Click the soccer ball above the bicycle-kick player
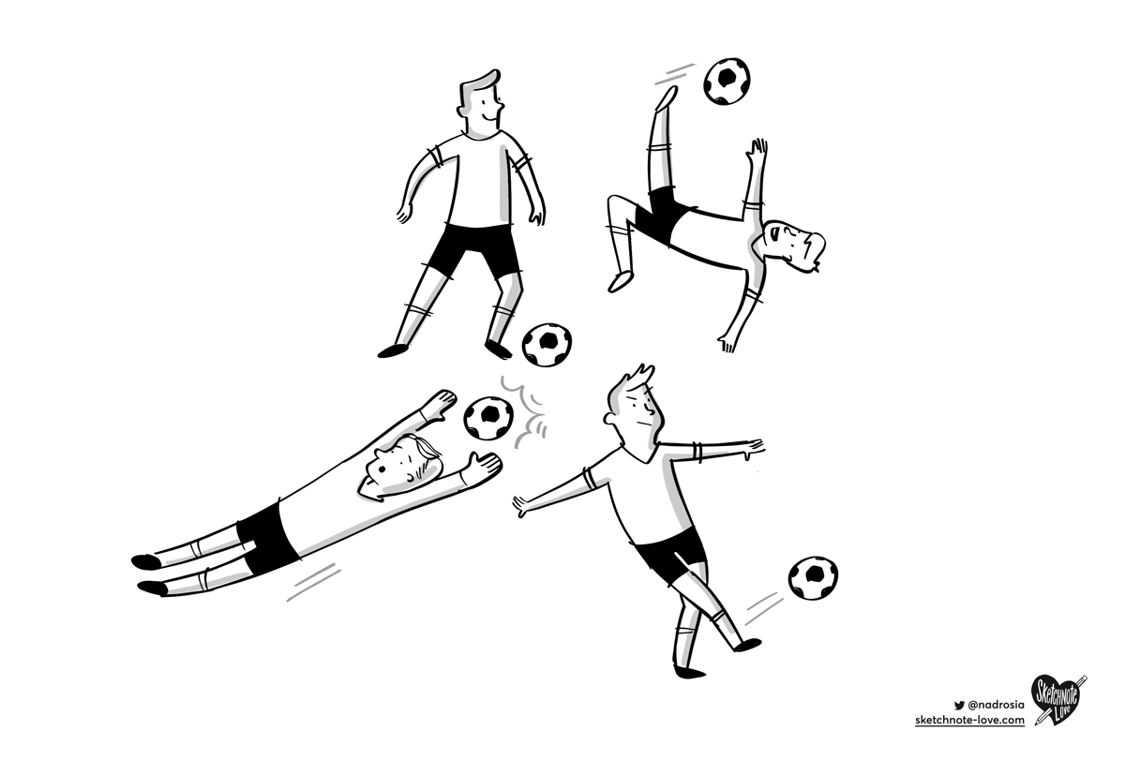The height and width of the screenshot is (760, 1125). click(728, 82)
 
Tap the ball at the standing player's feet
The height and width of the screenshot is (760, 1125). click(547, 346)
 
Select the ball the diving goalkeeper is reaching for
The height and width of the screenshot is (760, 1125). click(488, 418)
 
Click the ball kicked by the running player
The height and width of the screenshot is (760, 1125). click(813, 578)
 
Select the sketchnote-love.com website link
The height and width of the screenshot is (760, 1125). click(969, 720)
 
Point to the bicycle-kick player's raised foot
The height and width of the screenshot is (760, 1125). click(667, 97)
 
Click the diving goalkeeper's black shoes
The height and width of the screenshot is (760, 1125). click(150, 574)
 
